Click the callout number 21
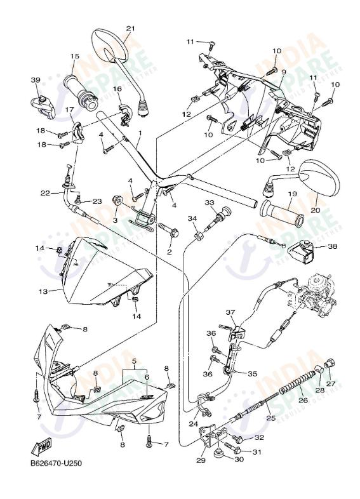point(131,29)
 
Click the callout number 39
point(36,80)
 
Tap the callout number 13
point(43,291)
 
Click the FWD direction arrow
point(41,447)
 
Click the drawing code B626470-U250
point(56,463)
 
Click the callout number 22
point(45,193)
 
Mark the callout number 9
point(284,72)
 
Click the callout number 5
point(134,361)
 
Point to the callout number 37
point(230,312)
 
